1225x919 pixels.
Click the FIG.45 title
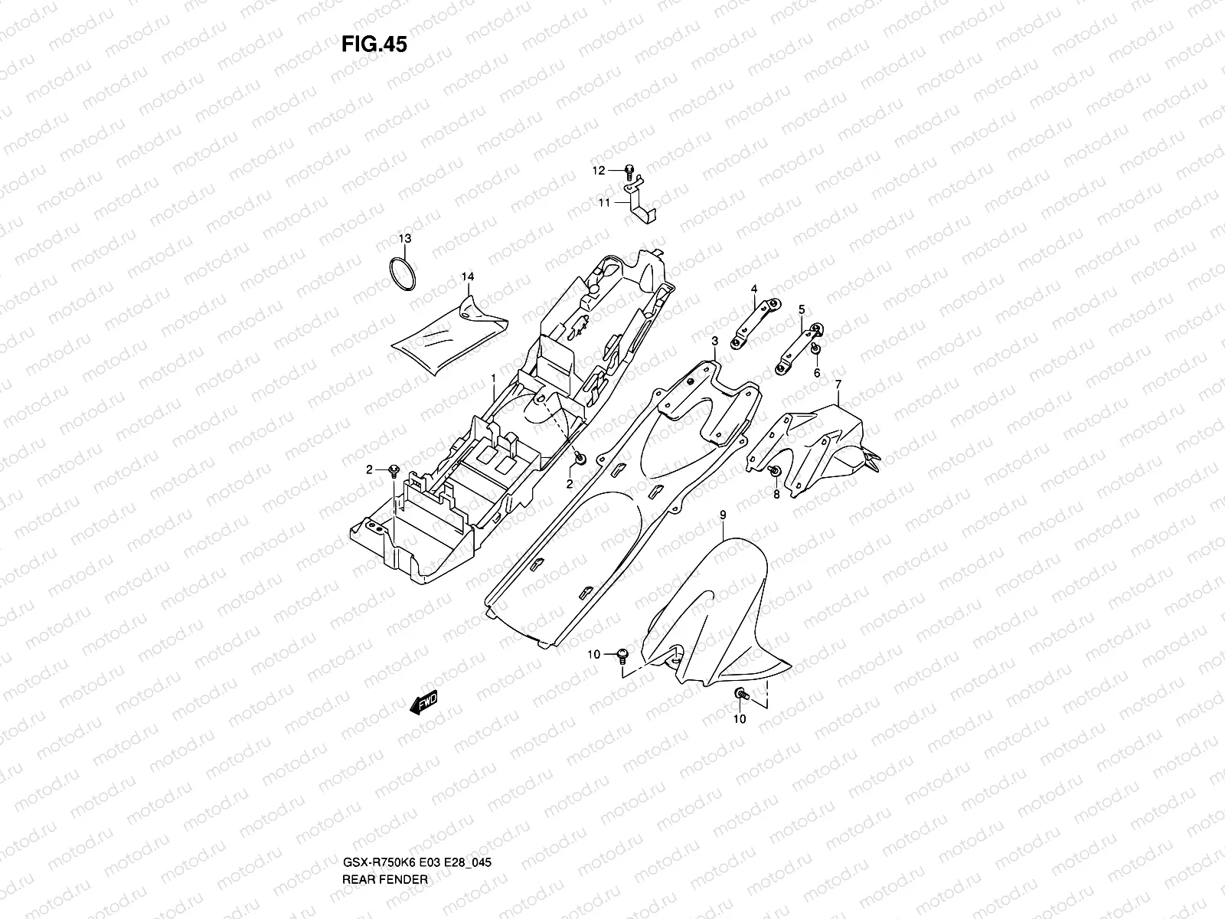pyautogui.click(x=374, y=45)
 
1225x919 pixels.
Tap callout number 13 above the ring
pyautogui.click(x=404, y=239)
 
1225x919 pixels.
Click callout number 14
pyautogui.click(x=467, y=276)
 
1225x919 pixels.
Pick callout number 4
pyautogui.click(x=753, y=288)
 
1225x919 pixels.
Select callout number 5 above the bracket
pyautogui.click(x=802, y=309)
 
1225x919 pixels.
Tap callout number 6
pyautogui.click(x=817, y=372)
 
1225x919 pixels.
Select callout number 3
pyautogui.click(x=714, y=341)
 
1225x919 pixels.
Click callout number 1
pyautogui.click(x=494, y=379)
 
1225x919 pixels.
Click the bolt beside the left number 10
pyautogui.click(x=621, y=655)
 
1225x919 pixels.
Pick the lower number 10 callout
pyautogui.click(x=740, y=719)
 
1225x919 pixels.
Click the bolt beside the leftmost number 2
pyautogui.click(x=394, y=469)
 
